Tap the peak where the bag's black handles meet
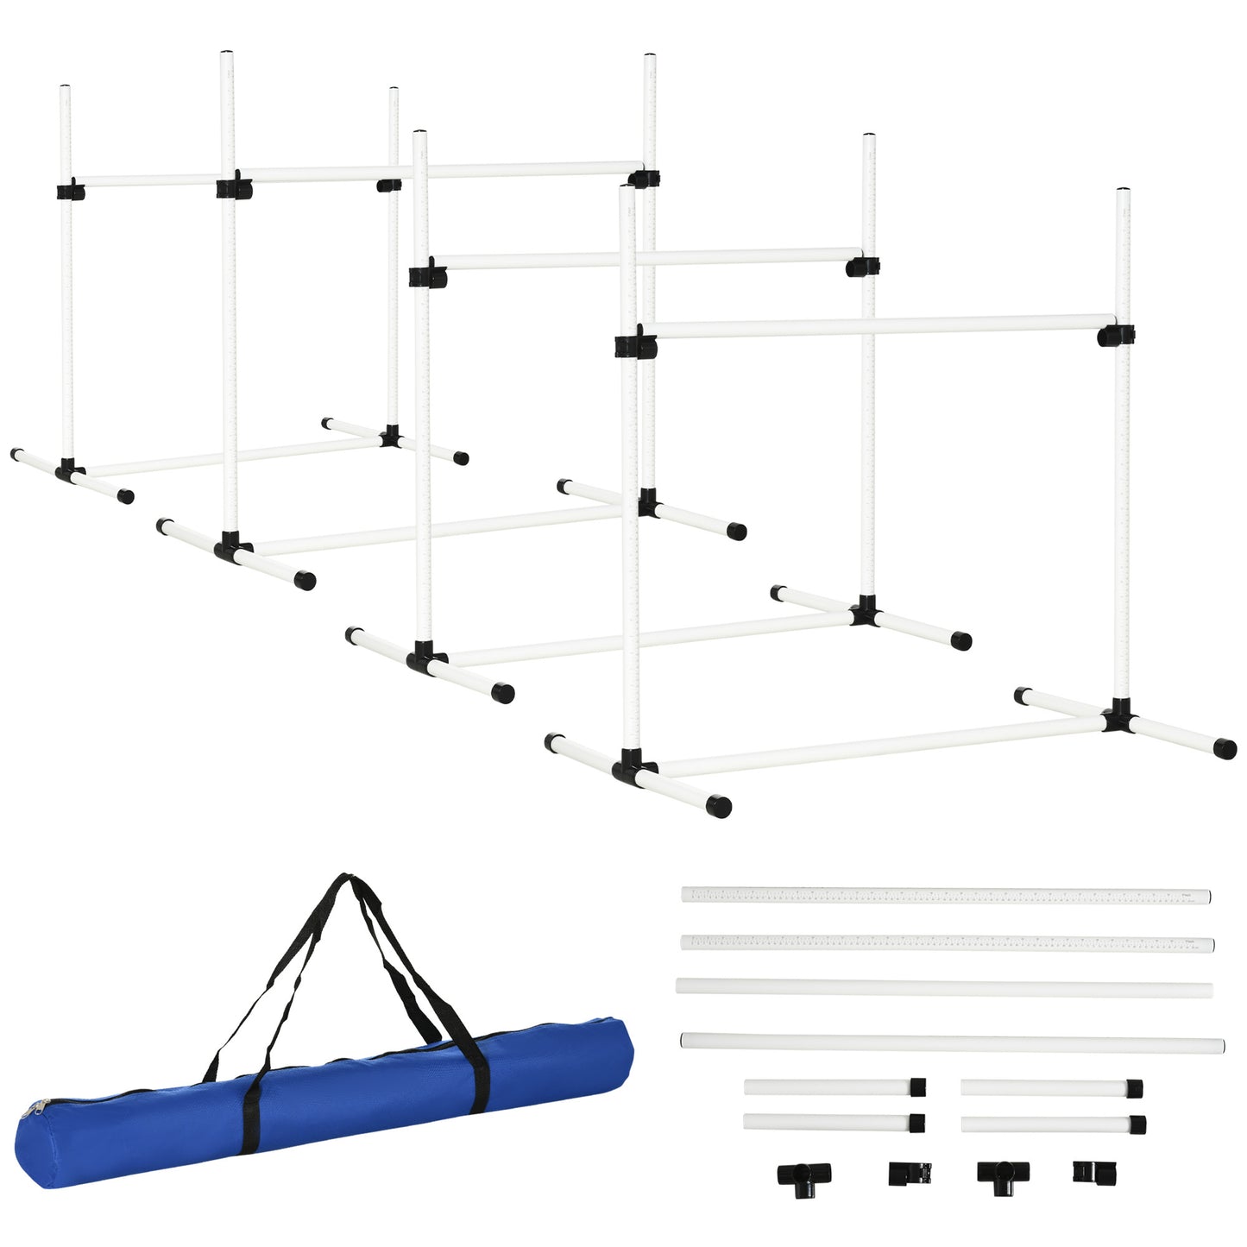click(x=347, y=879)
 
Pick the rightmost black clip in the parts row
click(x=1089, y=1172)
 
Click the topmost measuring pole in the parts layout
click(x=945, y=896)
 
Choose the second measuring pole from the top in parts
click(x=947, y=942)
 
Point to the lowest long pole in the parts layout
click(x=952, y=1043)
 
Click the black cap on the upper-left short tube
click(x=917, y=1086)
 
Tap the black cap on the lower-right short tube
click(x=1137, y=1124)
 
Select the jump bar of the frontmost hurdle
click(x=872, y=326)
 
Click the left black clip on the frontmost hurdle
click(x=635, y=345)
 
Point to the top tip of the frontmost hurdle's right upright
click(x=1123, y=192)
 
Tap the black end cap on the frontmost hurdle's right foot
click(x=1225, y=748)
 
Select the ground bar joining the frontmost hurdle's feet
click(x=880, y=744)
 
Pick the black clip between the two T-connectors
click(x=910, y=1173)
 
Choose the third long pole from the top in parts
click(x=944, y=987)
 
